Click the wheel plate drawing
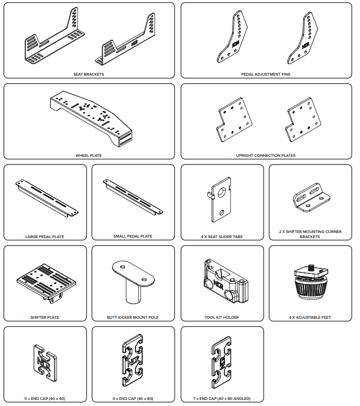tap(91, 119)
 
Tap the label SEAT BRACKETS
tap(89, 74)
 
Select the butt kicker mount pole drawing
tap(133, 282)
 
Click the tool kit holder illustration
tap(226, 281)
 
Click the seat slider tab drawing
tap(219, 200)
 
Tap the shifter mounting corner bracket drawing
tap(311, 197)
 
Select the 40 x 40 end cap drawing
tap(45, 363)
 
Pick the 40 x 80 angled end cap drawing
tap(221, 363)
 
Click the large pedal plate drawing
tap(47, 198)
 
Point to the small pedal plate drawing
tap(133, 197)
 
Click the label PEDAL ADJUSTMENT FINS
tap(266, 74)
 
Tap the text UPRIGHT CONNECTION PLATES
tap(266, 155)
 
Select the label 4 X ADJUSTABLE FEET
tap(310, 317)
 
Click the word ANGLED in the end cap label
tap(242, 398)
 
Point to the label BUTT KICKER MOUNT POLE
tap(133, 317)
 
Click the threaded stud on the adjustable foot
tap(311, 267)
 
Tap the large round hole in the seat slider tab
tap(222, 192)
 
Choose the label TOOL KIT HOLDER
tap(222, 317)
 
